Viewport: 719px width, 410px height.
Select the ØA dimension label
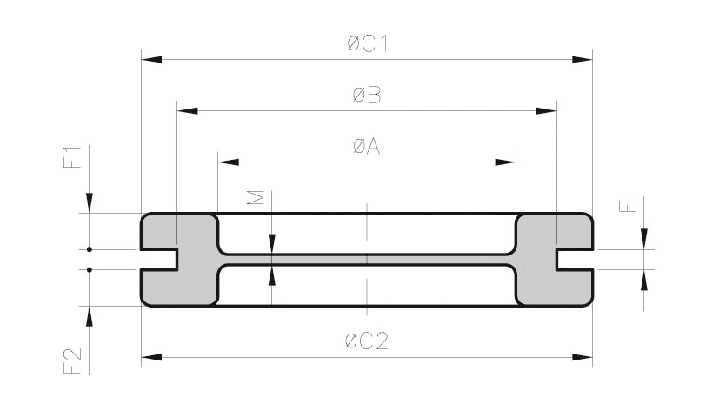point(367,147)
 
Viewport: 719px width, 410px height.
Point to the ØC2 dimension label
point(367,341)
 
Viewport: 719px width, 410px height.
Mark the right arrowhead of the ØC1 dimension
point(582,60)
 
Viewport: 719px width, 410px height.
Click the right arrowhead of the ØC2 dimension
point(582,356)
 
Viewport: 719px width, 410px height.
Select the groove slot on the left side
point(159,259)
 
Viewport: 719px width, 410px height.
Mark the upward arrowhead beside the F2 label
point(89,316)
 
